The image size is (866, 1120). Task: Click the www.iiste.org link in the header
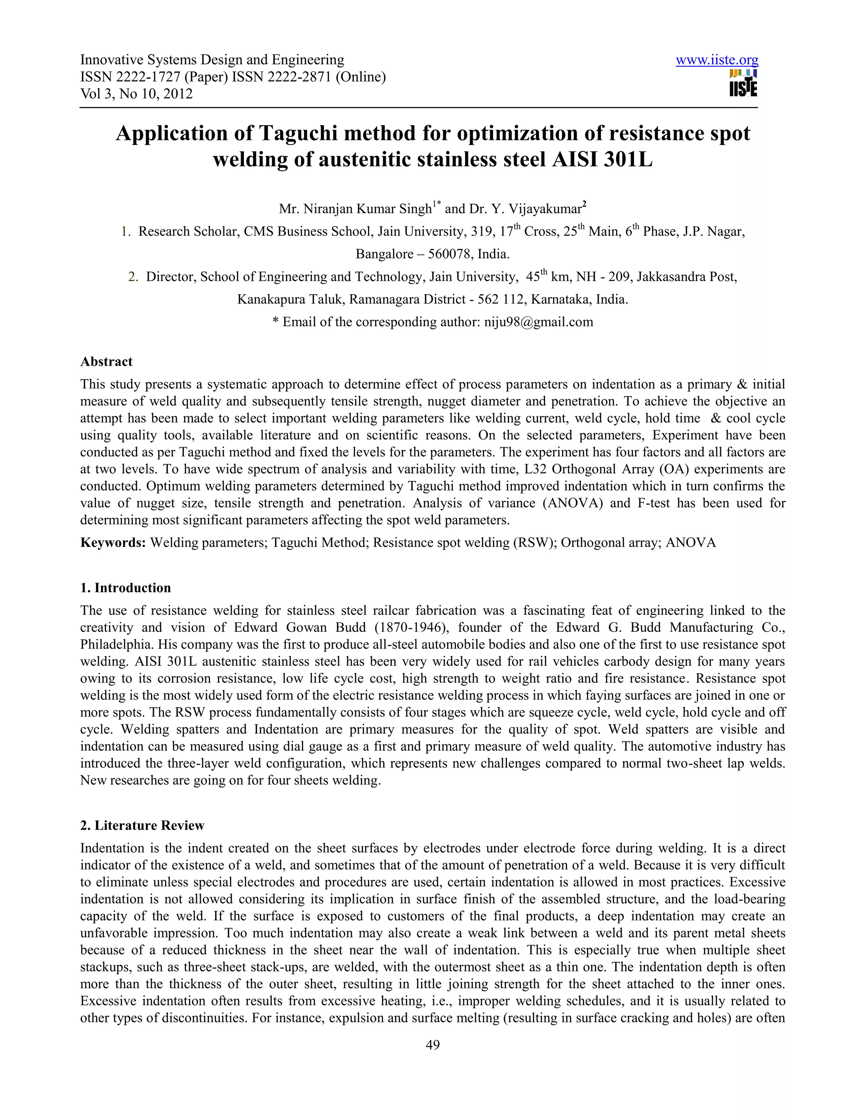click(x=716, y=60)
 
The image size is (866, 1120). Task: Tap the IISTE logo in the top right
click(x=743, y=84)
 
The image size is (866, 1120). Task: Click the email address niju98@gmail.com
click(x=538, y=322)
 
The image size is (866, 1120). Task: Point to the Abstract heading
click(x=106, y=361)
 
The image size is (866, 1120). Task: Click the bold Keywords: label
click(x=113, y=543)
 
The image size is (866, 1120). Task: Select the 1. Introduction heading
click(x=125, y=588)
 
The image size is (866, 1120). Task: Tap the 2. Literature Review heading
click(x=142, y=825)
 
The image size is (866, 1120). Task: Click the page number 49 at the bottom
click(x=433, y=1045)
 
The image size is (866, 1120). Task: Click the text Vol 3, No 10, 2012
click(x=137, y=94)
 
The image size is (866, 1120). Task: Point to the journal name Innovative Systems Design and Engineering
click(x=212, y=60)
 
